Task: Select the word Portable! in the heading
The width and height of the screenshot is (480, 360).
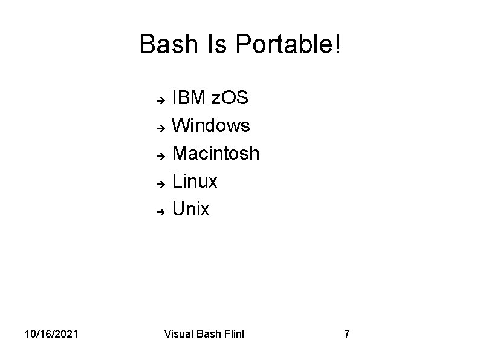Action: pos(288,44)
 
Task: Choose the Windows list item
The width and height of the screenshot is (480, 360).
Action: pos(211,126)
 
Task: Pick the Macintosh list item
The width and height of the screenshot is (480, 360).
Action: pos(216,154)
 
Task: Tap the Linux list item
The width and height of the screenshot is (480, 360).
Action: pos(195,182)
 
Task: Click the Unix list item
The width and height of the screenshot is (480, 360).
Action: pos(191,209)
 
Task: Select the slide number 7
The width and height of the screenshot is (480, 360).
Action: pos(346,333)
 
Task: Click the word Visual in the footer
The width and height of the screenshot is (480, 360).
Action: pos(179,333)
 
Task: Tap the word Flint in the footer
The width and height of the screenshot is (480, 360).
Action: pos(233,333)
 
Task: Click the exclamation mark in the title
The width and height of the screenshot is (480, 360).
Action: pos(337,44)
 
